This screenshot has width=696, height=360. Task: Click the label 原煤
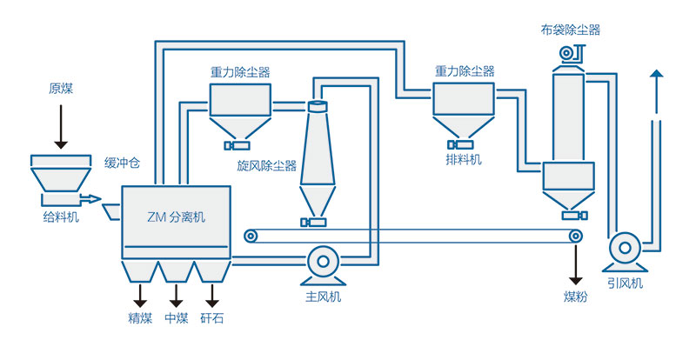pos(61,89)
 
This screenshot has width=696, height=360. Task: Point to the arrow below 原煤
pos(61,126)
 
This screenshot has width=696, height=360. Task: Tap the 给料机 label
pos(60,217)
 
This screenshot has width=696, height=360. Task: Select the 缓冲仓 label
pos(122,163)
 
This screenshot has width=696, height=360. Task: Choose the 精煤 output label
pos(139,318)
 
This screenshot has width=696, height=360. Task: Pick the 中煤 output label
pos(177,318)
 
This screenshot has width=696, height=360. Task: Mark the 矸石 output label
pos(211,318)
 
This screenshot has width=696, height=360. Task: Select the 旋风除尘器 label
pos(266,165)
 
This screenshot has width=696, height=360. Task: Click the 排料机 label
pos(462,160)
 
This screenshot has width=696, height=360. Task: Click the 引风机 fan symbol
pos(623,248)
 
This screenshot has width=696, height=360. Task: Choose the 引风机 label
pos(625,282)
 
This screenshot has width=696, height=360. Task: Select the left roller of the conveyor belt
pos(251,236)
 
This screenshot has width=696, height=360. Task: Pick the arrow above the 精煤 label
pos(139,293)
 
